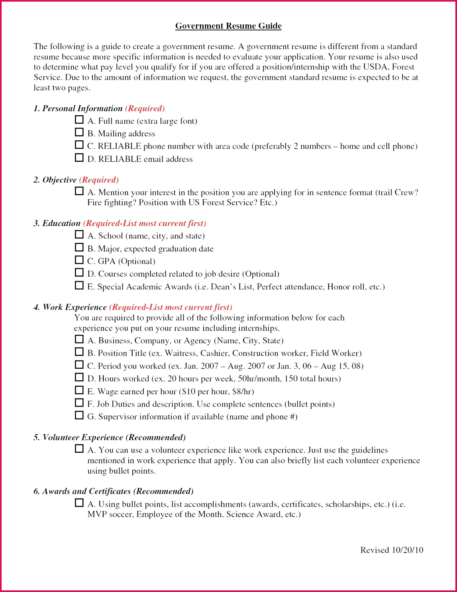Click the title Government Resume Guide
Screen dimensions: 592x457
(x=228, y=26)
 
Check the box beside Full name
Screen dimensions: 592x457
(x=79, y=120)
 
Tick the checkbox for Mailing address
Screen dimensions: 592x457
(x=79, y=132)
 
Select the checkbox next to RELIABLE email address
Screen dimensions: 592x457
(x=79, y=158)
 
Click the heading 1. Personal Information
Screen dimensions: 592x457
(x=78, y=108)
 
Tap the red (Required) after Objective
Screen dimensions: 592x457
(x=99, y=180)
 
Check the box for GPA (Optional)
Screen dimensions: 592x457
(x=79, y=260)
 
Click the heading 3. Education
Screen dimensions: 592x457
(x=57, y=223)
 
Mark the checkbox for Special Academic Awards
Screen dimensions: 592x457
(x=79, y=285)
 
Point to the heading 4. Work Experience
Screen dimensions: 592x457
(x=70, y=307)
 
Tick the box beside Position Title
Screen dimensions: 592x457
(x=79, y=352)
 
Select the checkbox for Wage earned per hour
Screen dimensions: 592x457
(x=79, y=390)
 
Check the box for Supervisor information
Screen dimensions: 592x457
(x=79, y=415)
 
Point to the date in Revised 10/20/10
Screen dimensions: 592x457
(x=407, y=550)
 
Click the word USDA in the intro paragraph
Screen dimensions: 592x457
(x=375, y=67)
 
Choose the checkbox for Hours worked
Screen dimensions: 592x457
(x=79, y=378)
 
